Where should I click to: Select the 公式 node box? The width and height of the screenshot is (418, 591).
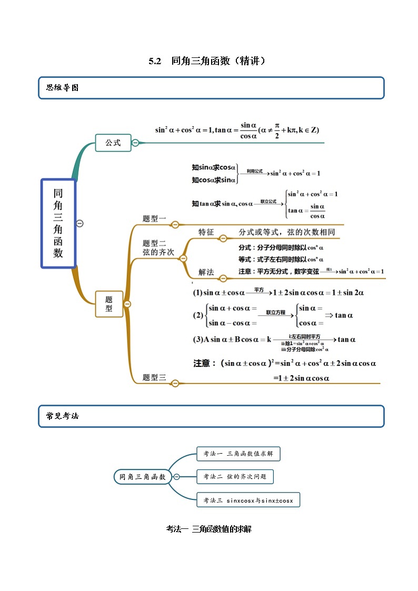click(113, 143)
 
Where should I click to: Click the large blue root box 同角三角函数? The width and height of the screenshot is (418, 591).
click(58, 223)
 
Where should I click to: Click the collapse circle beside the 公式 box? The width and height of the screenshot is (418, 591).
click(135, 143)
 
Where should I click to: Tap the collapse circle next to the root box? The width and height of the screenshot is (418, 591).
click(80, 223)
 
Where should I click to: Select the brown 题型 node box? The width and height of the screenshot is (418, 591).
click(109, 304)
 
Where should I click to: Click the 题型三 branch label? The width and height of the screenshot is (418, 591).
click(154, 377)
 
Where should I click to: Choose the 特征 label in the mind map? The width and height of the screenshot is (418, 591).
click(206, 232)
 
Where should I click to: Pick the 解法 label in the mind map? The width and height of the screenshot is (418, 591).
click(206, 272)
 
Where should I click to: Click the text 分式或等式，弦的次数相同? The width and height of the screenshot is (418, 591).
click(286, 232)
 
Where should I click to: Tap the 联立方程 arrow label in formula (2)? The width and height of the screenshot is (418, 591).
click(275, 312)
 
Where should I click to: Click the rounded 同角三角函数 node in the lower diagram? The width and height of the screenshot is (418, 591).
click(142, 477)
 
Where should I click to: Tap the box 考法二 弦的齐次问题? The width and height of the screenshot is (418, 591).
click(235, 477)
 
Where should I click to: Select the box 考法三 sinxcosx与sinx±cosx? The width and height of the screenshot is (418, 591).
click(248, 500)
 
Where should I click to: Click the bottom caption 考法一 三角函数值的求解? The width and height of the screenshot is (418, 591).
click(208, 529)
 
